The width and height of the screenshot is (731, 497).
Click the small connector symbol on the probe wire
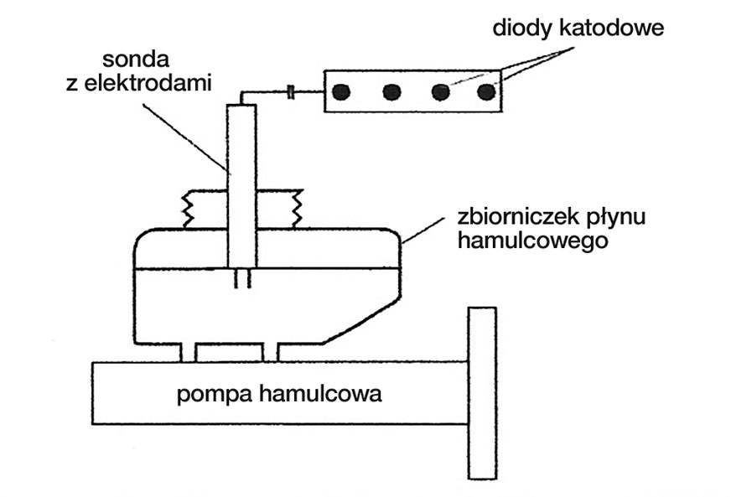coord(290,91)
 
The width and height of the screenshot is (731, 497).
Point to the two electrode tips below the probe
coord(242,281)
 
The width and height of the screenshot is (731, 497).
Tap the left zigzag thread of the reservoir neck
coord(189,209)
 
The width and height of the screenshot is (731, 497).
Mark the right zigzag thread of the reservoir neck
coord(296,209)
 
